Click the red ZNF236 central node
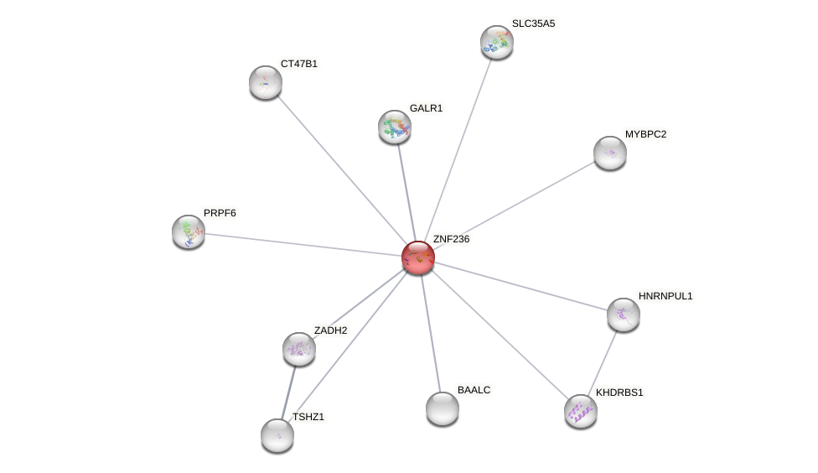(417, 257)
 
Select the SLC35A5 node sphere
(496, 42)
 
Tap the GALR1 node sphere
(395, 127)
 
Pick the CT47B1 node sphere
(266, 82)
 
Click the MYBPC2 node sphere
(609, 153)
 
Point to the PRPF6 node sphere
(189, 231)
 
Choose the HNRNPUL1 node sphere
(623, 314)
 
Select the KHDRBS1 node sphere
(580, 411)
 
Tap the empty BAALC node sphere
(442, 408)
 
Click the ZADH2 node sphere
(298, 349)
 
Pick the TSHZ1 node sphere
(277, 435)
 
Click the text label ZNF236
(451, 239)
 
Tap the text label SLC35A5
(533, 23)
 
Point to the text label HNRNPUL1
(665, 296)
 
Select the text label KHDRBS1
(619, 392)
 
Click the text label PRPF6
(220, 213)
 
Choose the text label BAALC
(474, 390)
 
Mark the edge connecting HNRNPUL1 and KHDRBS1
(603, 361)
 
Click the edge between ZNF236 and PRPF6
(302, 244)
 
